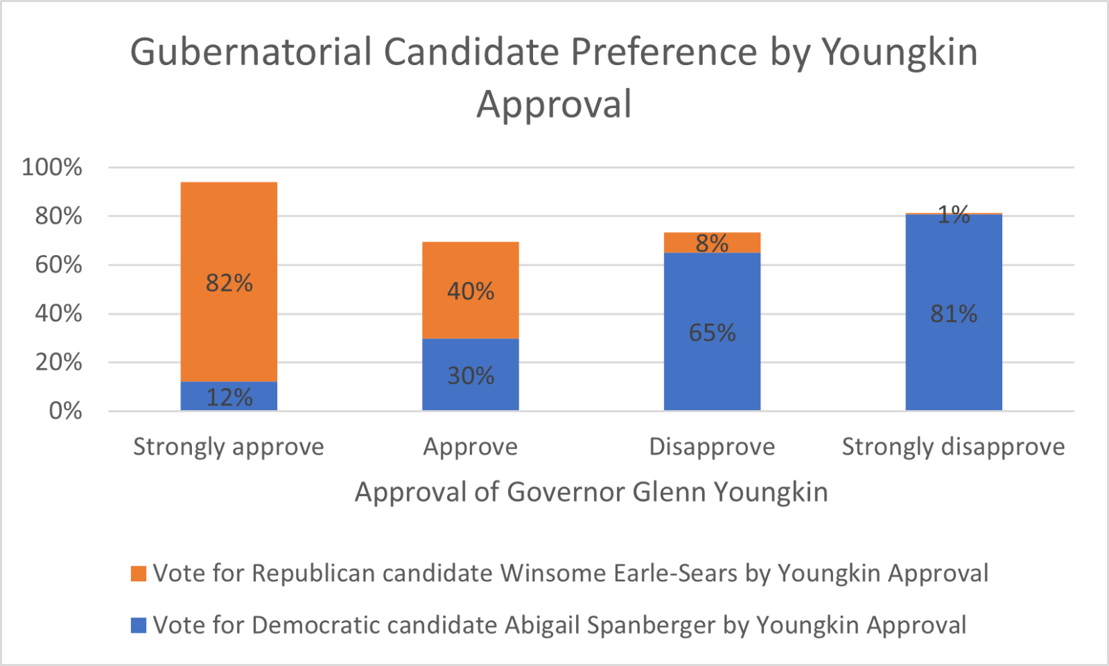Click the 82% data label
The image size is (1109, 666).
pyautogui.click(x=229, y=283)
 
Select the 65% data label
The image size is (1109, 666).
pyautogui.click(x=712, y=333)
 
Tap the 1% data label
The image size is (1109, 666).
pyautogui.click(x=954, y=215)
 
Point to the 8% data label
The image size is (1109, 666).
pyautogui.click(x=712, y=243)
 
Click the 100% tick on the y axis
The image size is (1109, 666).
pyautogui.click(x=52, y=167)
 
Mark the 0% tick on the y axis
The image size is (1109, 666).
pyautogui.click(x=65, y=411)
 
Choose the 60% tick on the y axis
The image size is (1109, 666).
pyautogui.click(x=58, y=265)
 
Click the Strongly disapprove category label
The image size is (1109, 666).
pyautogui.click(x=953, y=447)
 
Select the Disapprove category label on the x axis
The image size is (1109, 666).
pyautogui.click(x=712, y=447)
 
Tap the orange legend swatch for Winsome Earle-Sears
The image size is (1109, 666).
pyautogui.click(x=139, y=574)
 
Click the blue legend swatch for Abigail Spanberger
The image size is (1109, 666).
pyautogui.click(x=139, y=625)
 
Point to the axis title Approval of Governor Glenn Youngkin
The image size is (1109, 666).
pyautogui.click(x=591, y=492)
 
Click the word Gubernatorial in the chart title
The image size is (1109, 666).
pyautogui.click(x=251, y=52)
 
